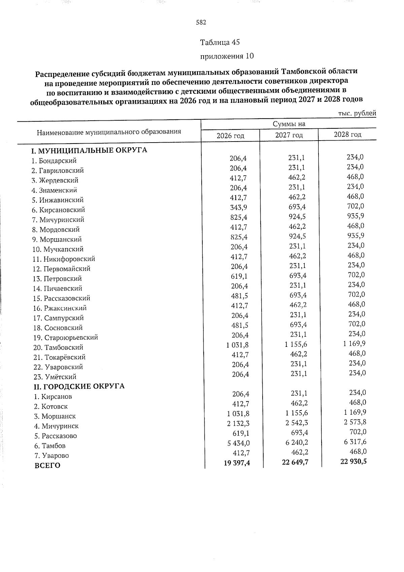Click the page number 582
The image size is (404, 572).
tap(201, 23)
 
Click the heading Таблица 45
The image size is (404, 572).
tap(220, 42)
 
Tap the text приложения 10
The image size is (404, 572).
tap(227, 56)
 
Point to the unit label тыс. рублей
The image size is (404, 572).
tap(357, 114)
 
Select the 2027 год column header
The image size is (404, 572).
tap(289, 135)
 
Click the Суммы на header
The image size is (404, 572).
tap(289, 124)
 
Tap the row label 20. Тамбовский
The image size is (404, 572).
tap(58, 348)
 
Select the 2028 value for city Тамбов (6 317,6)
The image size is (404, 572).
tap(355, 442)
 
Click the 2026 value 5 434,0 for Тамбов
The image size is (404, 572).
tap(238, 443)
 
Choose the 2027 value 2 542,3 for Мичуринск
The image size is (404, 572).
tap(296, 423)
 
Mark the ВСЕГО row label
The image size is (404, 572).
tap(47, 466)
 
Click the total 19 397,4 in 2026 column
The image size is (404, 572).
tap(237, 463)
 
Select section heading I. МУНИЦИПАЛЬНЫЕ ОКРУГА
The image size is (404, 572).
tap(89, 150)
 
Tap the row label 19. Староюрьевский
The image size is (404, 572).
tap(66, 337)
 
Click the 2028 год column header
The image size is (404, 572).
tap(347, 134)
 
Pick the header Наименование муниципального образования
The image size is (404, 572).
tap(109, 132)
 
